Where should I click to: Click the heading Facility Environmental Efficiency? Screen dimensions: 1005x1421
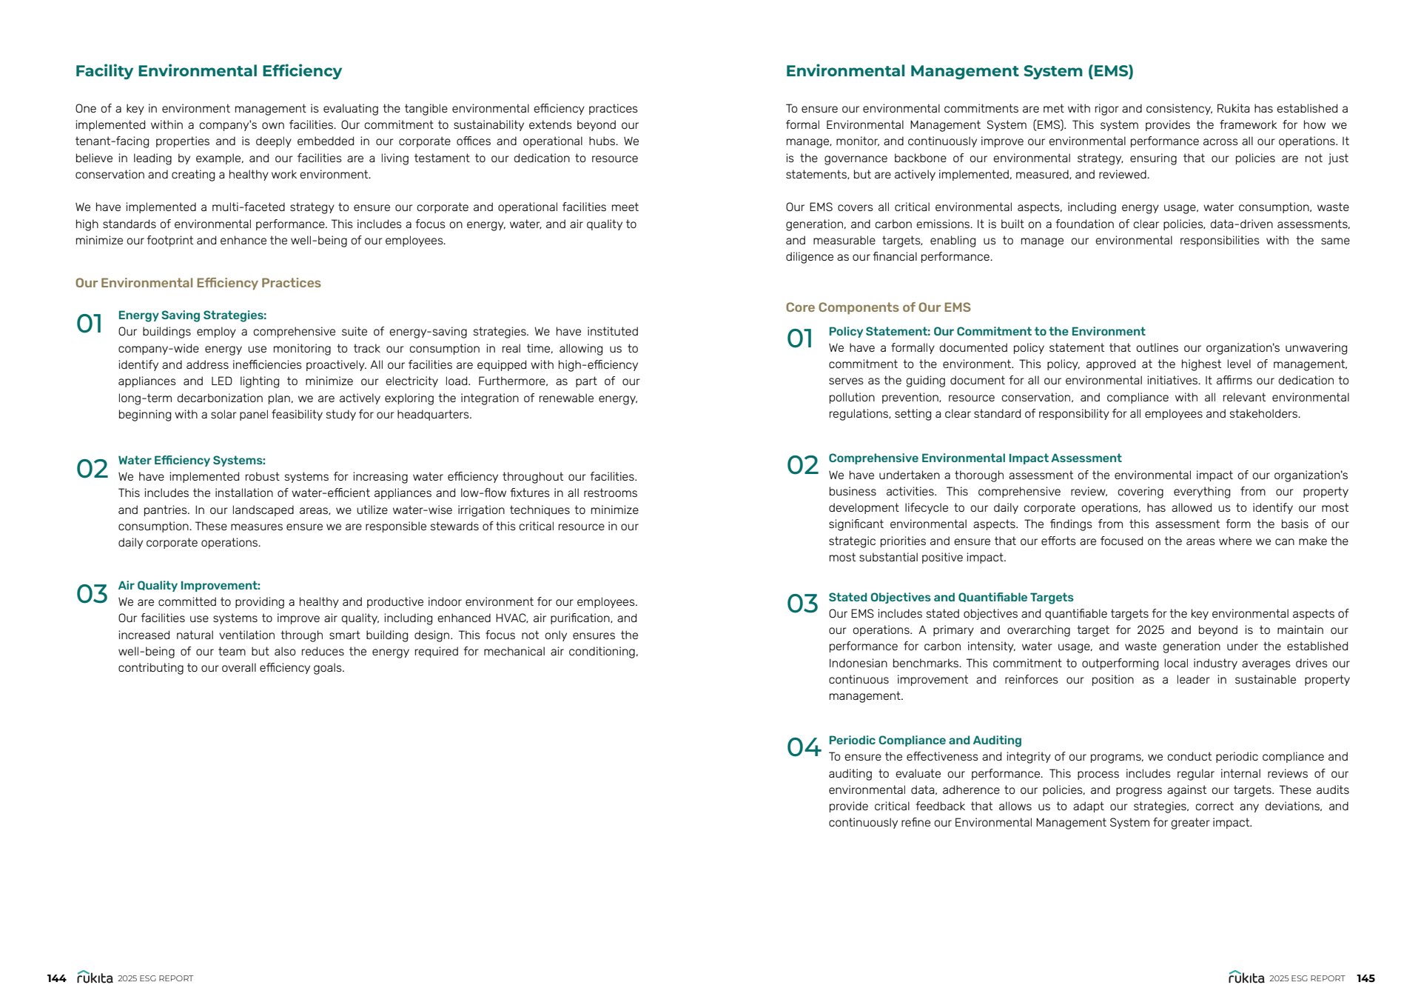tap(208, 71)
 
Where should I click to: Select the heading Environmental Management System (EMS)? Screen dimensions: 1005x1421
tap(959, 71)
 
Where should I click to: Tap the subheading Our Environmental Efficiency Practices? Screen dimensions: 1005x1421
tap(198, 283)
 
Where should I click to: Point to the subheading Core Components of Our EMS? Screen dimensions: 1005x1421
tap(878, 307)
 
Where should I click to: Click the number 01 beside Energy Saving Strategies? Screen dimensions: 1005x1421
tap(90, 324)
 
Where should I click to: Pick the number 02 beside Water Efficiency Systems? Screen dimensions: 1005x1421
tap(92, 469)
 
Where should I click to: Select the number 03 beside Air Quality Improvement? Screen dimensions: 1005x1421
tap(92, 594)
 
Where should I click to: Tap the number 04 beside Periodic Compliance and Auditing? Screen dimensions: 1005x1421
tap(803, 748)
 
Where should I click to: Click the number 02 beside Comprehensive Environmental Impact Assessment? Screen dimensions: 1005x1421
tap(802, 465)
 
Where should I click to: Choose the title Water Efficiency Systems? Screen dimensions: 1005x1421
tap(192, 461)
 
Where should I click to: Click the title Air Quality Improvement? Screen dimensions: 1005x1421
tap(189, 586)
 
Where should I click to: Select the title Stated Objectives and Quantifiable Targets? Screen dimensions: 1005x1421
tap(950, 598)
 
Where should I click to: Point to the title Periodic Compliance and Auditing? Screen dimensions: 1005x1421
tap(924, 741)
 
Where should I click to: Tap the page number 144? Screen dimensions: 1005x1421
tap(56, 978)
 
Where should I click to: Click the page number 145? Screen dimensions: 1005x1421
tap(1365, 978)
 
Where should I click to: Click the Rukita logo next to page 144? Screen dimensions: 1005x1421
tap(95, 978)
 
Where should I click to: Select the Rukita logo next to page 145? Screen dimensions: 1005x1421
tap(1246, 978)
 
